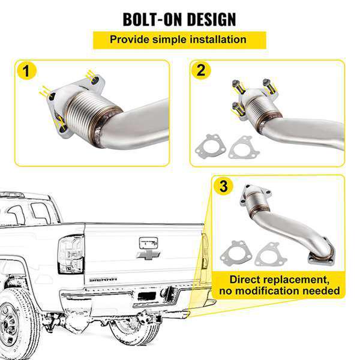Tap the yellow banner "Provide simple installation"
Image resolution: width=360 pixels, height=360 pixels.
179,40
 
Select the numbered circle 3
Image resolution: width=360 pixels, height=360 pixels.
224,187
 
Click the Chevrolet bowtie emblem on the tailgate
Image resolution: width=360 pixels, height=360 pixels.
148,255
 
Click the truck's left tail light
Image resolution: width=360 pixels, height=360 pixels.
71,254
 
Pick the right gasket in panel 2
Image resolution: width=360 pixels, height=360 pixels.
242,148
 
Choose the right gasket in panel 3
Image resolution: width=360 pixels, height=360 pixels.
266,253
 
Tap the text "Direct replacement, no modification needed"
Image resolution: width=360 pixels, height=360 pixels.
281,286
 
